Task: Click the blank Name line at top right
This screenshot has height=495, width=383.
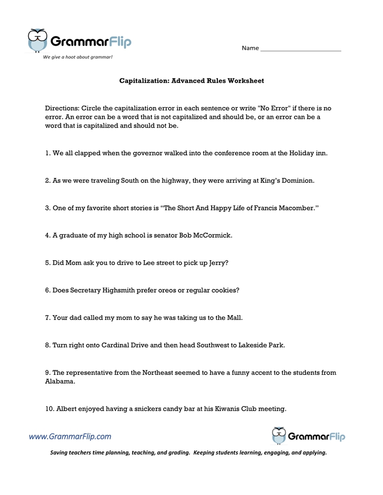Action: coord(300,49)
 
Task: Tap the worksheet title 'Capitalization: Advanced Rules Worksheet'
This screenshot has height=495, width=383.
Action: coord(191,81)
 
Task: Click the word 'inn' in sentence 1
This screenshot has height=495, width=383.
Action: coord(321,154)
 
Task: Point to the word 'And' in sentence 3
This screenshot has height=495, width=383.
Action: coord(201,208)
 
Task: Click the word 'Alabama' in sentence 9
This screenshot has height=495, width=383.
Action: coord(57,382)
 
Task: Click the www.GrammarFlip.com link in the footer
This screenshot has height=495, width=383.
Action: coord(70,436)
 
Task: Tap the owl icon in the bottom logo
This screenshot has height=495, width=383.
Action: coord(278,435)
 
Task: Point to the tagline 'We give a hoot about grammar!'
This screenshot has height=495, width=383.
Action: coord(78,57)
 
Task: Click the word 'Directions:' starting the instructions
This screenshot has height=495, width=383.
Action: coord(62,108)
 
